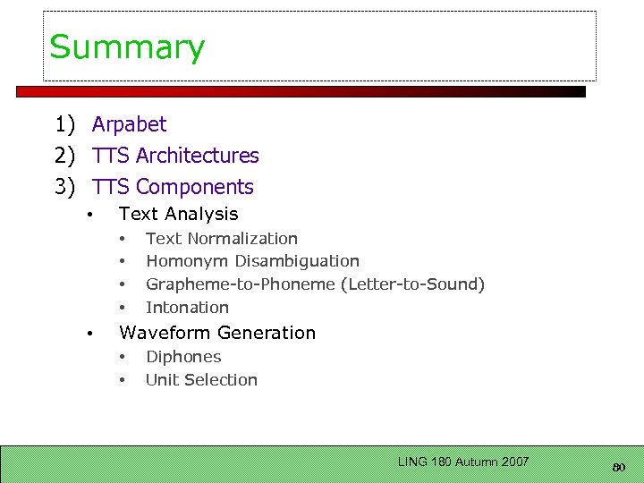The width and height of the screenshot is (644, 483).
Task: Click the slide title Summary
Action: click(127, 47)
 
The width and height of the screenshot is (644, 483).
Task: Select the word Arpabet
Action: click(129, 124)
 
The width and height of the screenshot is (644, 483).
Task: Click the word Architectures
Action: click(198, 156)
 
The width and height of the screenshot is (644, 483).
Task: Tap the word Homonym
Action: click(187, 261)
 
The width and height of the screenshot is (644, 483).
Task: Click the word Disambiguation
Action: click(297, 261)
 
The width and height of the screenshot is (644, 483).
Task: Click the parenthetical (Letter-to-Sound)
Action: click(413, 284)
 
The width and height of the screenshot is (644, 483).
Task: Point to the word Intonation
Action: click(187, 308)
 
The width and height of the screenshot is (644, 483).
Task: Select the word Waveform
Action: click(161, 333)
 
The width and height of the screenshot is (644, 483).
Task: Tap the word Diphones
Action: click(183, 357)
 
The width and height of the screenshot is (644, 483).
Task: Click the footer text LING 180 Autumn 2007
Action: click(463, 462)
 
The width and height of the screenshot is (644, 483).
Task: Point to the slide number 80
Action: click(619, 466)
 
